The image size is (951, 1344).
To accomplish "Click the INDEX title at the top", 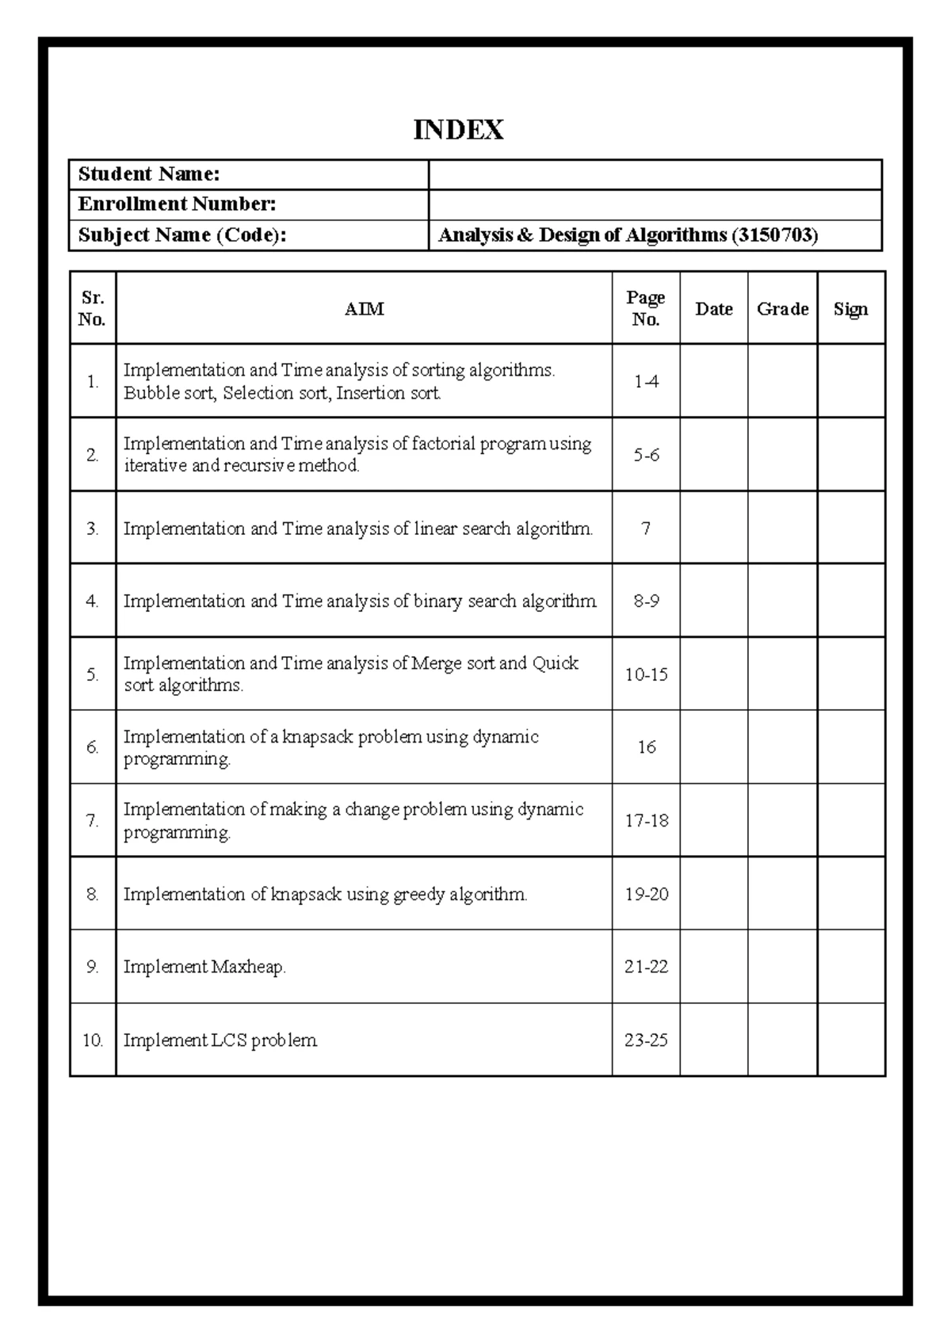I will [458, 130].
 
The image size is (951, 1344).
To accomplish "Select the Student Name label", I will [148, 174].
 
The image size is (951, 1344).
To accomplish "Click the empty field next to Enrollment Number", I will [655, 204].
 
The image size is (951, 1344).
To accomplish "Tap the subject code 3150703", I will [773, 235].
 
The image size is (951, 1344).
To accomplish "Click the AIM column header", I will [364, 309].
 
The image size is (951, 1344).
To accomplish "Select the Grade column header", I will [782, 309].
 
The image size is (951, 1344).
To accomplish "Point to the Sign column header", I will [850, 309].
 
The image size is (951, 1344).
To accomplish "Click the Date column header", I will [713, 309].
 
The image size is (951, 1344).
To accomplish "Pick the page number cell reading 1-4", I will [646, 381].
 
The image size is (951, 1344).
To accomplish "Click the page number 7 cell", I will [646, 528].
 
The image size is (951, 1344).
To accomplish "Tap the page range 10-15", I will [646, 674].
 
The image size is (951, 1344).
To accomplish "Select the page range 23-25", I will [646, 1040].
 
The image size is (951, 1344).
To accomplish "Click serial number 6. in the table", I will [93, 747].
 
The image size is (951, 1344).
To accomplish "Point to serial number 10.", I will [93, 1040].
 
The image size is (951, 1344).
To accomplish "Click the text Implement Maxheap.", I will [204, 967].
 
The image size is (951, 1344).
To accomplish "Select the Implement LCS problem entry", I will [220, 1040].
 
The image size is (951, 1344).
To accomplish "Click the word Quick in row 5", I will [556, 663].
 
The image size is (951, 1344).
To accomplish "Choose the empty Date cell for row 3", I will [713, 528].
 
